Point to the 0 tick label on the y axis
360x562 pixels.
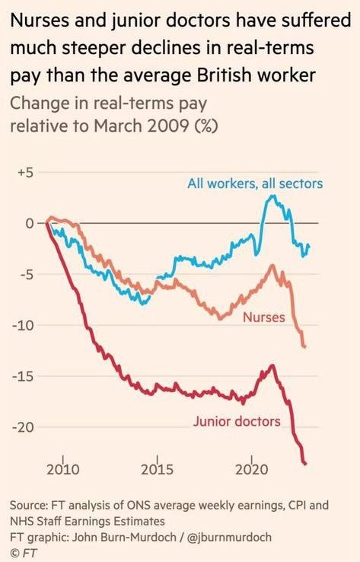pos(30,223)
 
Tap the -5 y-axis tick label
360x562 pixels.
pos(26,274)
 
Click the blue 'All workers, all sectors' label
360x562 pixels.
pos(255,184)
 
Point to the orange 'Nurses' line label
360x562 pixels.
pos(263,316)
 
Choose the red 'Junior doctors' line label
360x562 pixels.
pos(237,421)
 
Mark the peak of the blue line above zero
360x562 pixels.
pos(273,196)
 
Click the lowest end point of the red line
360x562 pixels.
pos(306,464)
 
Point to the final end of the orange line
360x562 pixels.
pos(305,347)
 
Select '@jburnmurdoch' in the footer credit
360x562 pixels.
pos(230,537)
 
